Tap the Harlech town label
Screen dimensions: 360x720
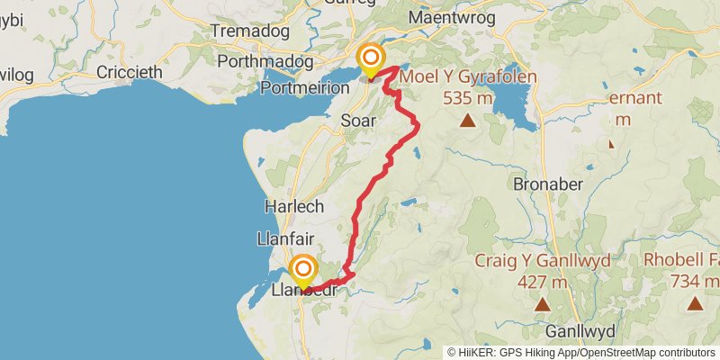[294, 206]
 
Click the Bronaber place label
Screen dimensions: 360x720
[548, 184]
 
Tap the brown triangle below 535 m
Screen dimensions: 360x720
[467, 121]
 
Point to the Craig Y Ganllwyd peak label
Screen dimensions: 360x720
[543, 261]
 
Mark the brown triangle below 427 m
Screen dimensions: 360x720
[543, 304]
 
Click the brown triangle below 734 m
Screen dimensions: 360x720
[696, 304]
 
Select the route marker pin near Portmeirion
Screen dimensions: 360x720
[370, 60]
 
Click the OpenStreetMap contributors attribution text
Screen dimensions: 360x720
[647, 352]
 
